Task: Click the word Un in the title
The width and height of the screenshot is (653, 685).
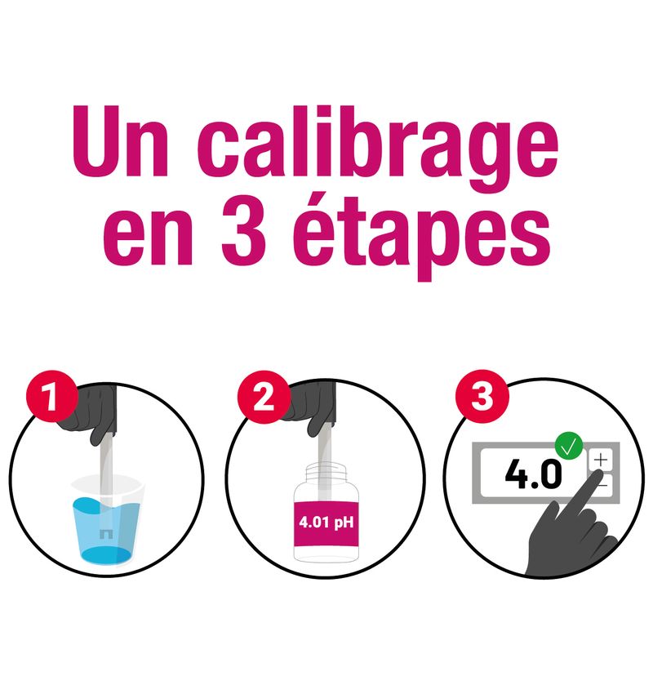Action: coord(120,140)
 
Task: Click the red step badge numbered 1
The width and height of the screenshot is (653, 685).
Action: coord(52,396)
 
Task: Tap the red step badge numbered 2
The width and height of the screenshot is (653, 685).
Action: coord(264,397)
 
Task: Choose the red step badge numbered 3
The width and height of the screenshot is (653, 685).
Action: coord(482,396)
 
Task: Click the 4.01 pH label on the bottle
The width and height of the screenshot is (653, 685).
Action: coord(326,523)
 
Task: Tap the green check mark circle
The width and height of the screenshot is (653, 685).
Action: coord(569,446)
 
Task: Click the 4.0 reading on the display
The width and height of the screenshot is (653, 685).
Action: coord(534,474)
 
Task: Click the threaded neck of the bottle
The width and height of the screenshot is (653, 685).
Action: coord(326,472)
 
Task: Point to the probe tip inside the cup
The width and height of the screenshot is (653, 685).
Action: coord(106,534)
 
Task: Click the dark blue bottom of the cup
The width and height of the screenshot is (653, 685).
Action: coord(106,556)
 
